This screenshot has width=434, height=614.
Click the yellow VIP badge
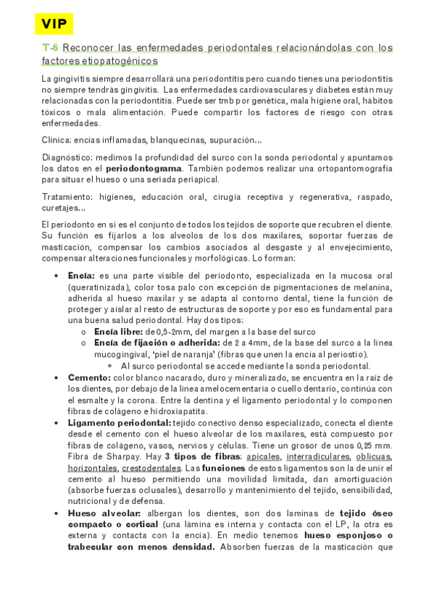54,24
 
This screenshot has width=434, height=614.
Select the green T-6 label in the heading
50,48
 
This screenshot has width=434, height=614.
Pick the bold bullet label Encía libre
114,332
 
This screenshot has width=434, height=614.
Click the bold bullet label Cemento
88,377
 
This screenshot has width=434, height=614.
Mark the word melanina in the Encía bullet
372,287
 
